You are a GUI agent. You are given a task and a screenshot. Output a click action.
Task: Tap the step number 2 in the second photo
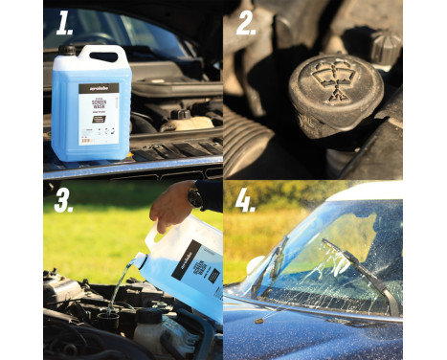pyautogui.click(x=246, y=22)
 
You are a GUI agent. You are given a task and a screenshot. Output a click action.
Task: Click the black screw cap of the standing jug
pyautogui.click(x=67, y=50)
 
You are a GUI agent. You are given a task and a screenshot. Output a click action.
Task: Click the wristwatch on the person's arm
pyautogui.click(x=195, y=197)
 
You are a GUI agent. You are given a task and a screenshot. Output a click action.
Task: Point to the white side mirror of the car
pyautogui.click(x=256, y=263)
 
